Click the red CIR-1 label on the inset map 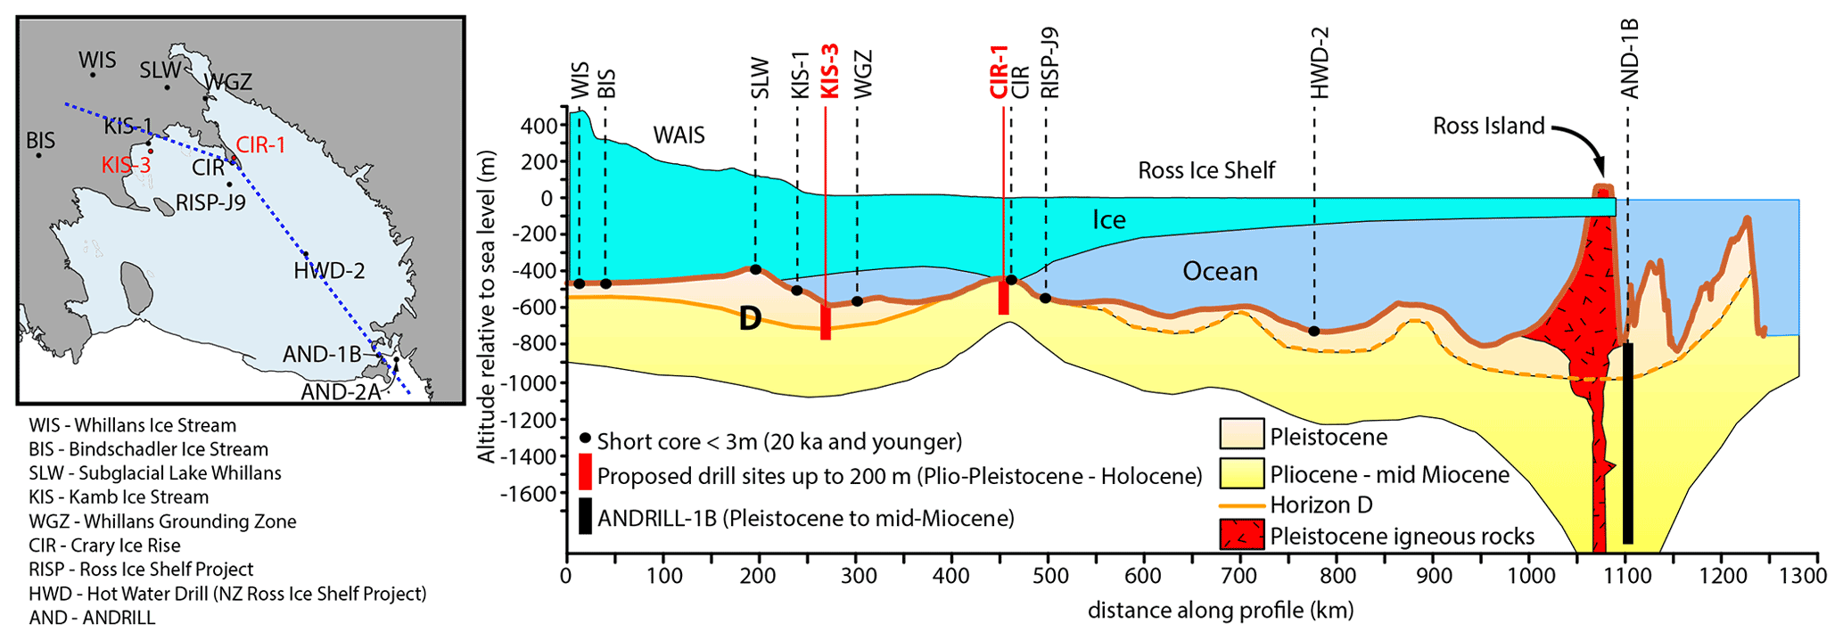tap(260, 145)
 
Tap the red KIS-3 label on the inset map tap(126, 165)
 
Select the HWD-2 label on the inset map tap(329, 271)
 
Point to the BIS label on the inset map tap(40, 141)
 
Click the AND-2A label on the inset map tap(341, 392)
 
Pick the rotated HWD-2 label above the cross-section tap(1319, 62)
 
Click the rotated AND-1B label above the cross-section tap(1629, 59)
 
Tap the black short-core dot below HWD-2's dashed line tap(1314, 332)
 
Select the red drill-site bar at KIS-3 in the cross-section tap(826, 322)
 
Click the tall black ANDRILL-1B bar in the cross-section tap(1627, 442)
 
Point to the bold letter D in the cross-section tap(750, 319)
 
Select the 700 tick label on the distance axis tap(1239, 577)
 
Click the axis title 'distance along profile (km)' tap(1220, 611)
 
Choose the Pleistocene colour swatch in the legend tap(1241, 434)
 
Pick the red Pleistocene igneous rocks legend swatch tap(1241, 535)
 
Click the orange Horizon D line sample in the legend tap(1241, 505)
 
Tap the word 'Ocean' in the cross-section tap(1220, 271)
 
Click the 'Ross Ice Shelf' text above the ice tap(1205, 170)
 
